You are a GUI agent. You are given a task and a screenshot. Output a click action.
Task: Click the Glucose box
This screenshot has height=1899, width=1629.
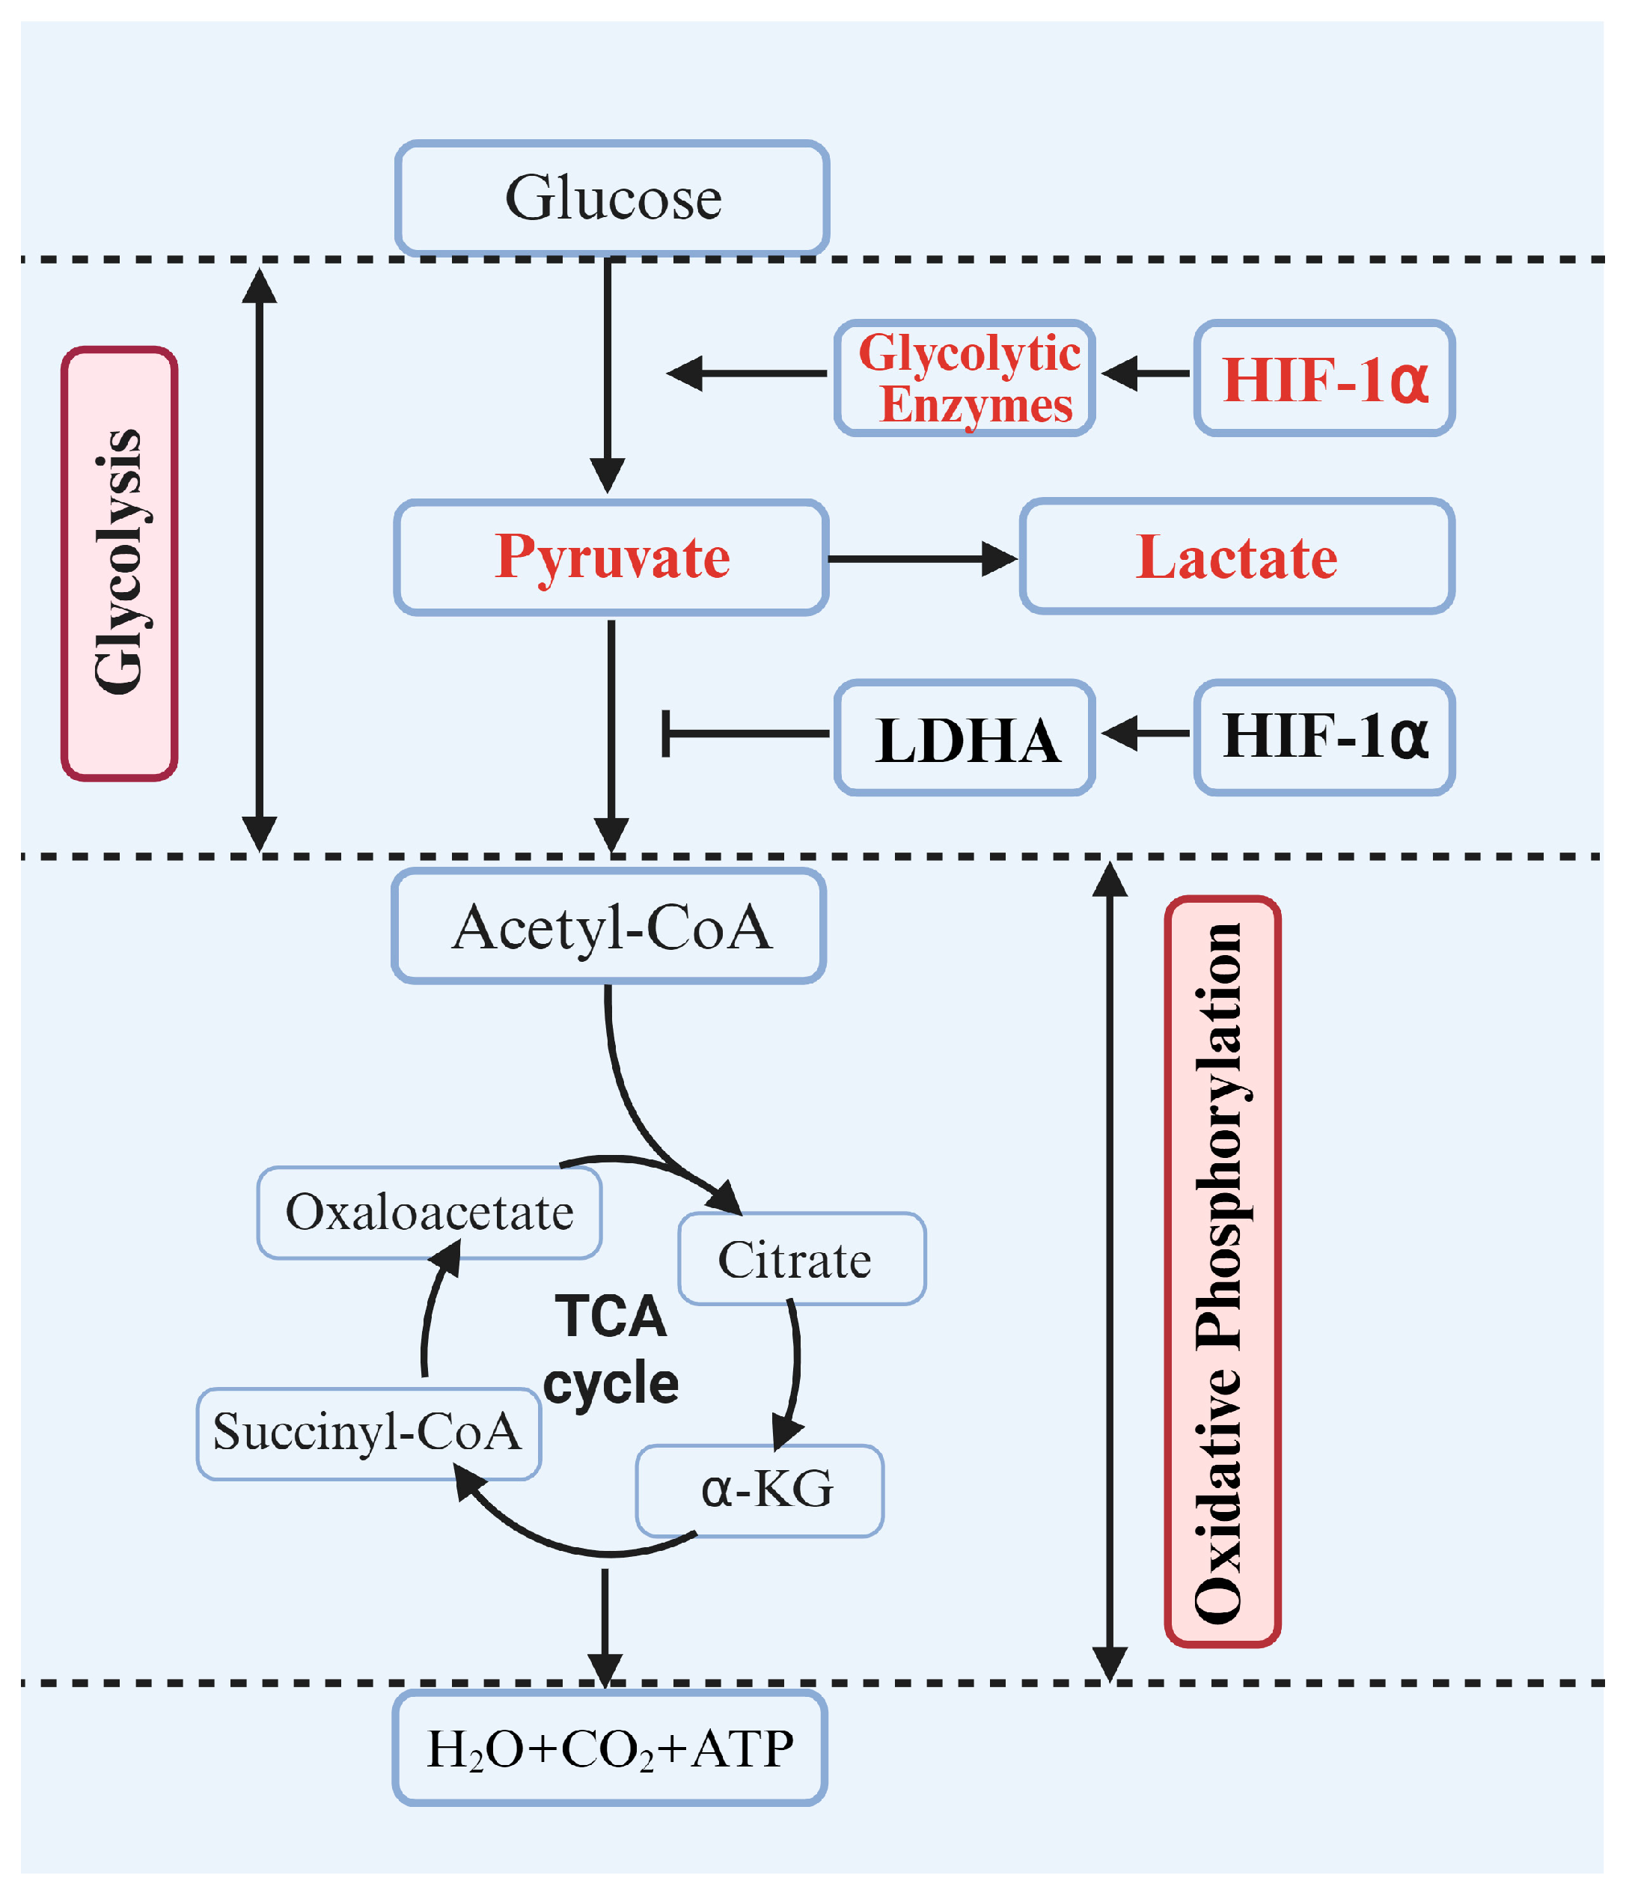(x=612, y=198)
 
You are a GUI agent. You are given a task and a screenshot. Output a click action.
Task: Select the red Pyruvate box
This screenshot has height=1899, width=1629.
(x=611, y=557)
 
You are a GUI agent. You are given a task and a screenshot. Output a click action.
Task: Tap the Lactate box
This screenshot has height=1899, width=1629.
(x=1236, y=557)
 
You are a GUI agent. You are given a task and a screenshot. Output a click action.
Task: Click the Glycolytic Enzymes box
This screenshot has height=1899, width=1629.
(x=965, y=377)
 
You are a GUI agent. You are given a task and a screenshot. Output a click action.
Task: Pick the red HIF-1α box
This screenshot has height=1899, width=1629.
(x=1324, y=377)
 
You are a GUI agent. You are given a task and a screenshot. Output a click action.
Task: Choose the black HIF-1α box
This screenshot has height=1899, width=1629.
(x=1324, y=737)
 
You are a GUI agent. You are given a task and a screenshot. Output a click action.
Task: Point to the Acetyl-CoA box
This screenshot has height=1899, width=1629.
(x=609, y=927)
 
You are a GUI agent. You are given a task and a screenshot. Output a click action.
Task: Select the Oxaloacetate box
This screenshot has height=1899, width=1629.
(x=429, y=1213)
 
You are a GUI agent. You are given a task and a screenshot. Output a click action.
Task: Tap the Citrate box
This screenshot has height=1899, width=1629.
(x=801, y=1258)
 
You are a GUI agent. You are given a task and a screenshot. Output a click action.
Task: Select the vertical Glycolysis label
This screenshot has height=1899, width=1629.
(x=119, y=564)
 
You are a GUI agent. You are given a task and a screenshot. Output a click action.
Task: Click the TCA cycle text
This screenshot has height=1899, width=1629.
(x=611, y=1349)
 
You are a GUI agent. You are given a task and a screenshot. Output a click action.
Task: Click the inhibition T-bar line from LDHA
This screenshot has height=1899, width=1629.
(x=747, y=734)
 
